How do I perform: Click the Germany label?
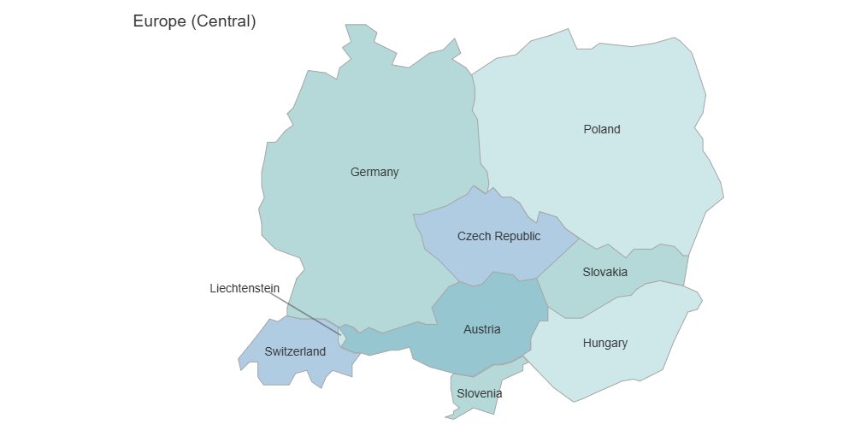coord(374,172)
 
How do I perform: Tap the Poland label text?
coord(602,129)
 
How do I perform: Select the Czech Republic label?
coord(498,236)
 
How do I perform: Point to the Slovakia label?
coord(605,272)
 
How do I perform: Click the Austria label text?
coord(482,329)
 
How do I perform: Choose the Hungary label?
coord(605,343)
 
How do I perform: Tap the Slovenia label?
coord(479,393)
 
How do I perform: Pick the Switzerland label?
coord(295,351)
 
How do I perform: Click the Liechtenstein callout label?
coord(245,288)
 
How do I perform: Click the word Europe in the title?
coord(160,21)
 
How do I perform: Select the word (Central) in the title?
coord(223,21)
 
